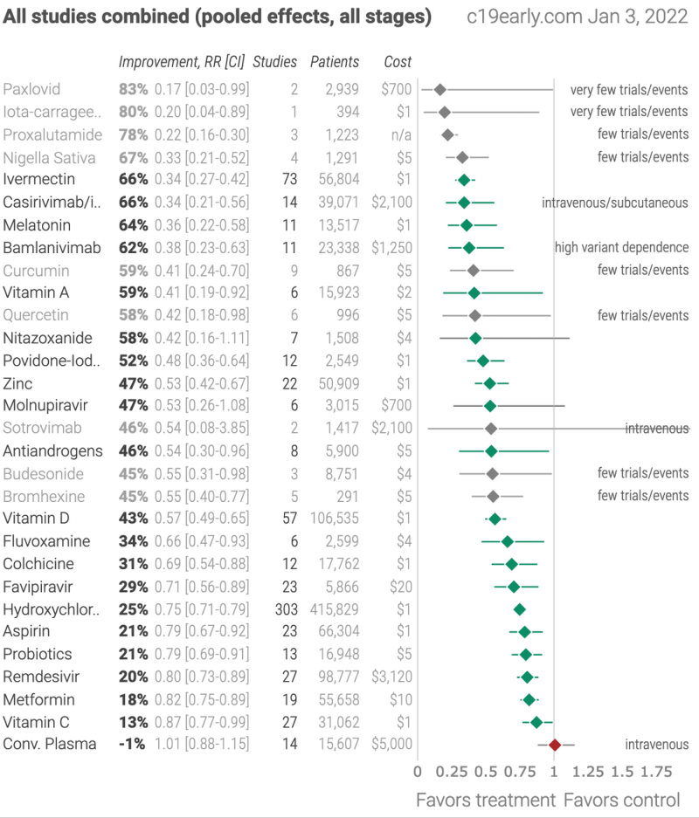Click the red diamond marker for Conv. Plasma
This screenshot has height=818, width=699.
pos(554,745)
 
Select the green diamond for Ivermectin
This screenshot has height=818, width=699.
pos(464,180)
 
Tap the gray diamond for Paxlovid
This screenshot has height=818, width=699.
pos(440,89)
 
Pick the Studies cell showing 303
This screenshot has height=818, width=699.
pos(286,608)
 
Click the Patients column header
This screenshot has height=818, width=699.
pos(335,62)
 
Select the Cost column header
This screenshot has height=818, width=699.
pos(398,62)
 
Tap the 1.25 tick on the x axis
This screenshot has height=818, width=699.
pos(588,772)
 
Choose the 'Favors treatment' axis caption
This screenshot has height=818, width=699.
pos(485,800)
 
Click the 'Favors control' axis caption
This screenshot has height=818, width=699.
pos(621,800)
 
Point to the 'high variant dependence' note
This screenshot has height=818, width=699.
pos(621,248)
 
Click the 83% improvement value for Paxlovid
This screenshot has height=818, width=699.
pos(133,89)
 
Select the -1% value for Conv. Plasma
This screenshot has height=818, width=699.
pos(132,745)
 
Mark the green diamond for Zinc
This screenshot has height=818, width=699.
pos(489,383)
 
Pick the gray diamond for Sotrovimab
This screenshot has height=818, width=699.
pos(491,429)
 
